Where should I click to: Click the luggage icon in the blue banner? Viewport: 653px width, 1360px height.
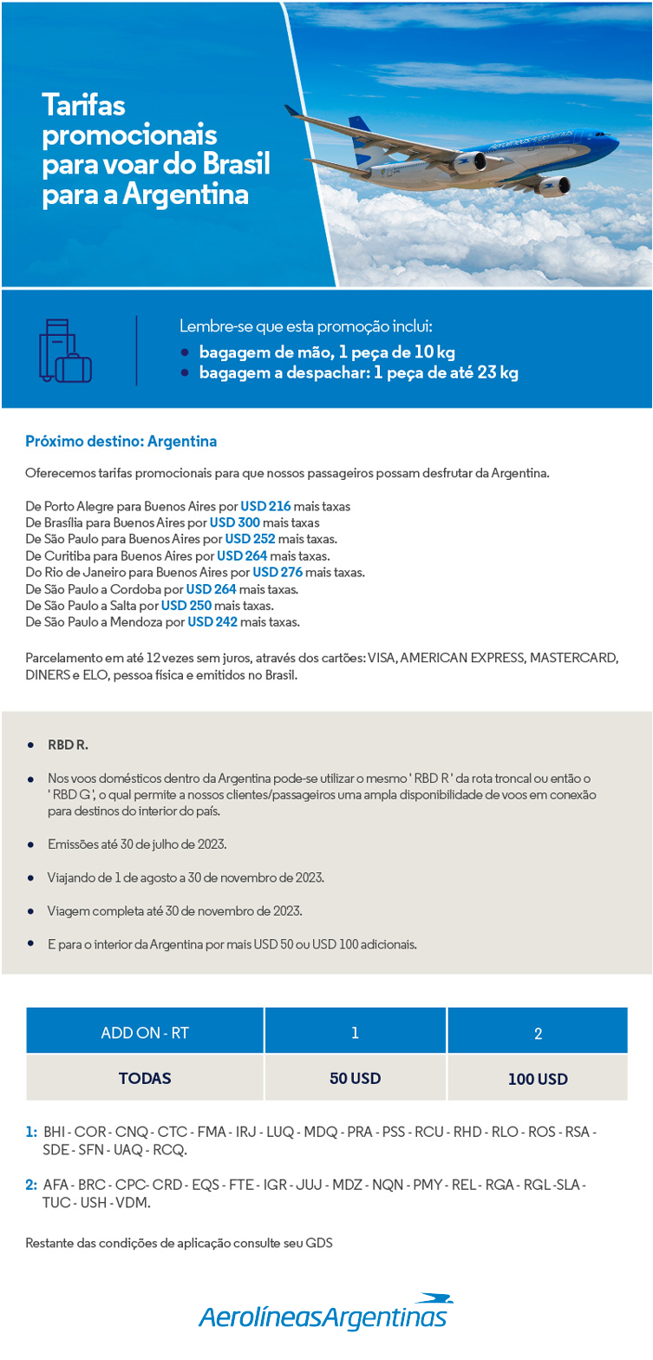pos(65,351)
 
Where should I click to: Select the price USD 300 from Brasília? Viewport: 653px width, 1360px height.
pos(234,522)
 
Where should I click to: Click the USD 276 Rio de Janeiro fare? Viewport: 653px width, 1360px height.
pos(277,572)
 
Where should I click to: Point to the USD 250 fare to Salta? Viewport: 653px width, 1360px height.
pos(186,605)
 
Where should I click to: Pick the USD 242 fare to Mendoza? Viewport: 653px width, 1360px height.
pos(212,621)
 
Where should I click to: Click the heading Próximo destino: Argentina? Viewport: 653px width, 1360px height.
pos(121,441)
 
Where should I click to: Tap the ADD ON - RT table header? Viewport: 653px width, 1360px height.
pos(145,1033)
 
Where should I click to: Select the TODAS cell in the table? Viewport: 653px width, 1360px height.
pos(145,1078)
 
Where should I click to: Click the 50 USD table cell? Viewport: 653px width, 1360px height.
pos(355,1078)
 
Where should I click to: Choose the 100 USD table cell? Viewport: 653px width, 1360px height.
pos(538,1079)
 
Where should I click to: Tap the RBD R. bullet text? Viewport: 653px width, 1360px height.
pos(68,745)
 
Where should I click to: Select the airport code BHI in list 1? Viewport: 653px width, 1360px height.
pos(54,1132)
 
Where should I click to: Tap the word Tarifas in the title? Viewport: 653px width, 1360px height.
pos(84,106)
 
